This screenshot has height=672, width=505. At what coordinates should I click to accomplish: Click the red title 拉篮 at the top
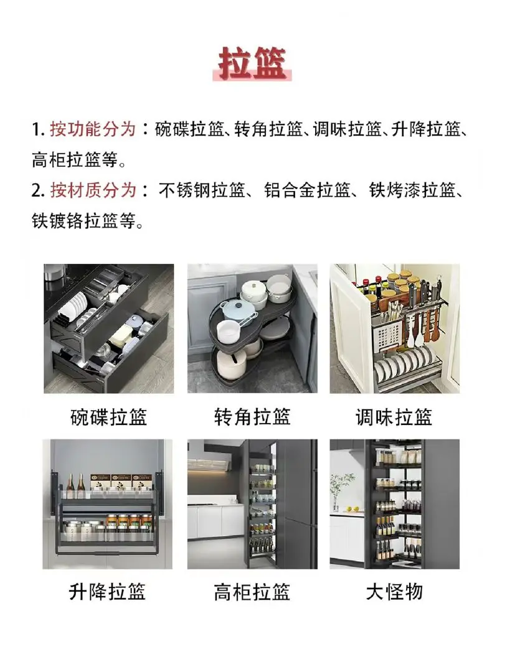[x=252, y=63]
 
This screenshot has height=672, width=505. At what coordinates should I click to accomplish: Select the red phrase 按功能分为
[x=93, y=129]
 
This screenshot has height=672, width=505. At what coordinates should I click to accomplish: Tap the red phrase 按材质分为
[x=93, y=190]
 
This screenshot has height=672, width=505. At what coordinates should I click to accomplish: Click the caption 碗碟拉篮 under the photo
[x=108, y=417]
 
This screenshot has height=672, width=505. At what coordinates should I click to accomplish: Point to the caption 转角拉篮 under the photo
[x=252, y=417]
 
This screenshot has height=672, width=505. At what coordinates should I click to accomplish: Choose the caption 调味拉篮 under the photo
[x=394, y=417]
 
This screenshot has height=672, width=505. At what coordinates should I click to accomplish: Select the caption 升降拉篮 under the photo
[x=107, y=592]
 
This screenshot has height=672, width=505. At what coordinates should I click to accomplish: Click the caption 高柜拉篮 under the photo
[x=252, y=592]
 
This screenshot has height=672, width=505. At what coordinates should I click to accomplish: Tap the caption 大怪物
[x=394, y=592]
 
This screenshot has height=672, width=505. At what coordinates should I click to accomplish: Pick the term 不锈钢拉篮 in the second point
[x=202, y=190]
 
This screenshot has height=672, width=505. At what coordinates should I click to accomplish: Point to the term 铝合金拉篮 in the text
[x=307, y=190]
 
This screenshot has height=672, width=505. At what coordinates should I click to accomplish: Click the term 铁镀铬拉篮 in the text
[x=75, y=221]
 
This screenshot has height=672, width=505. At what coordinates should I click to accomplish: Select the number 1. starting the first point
[x=39, y=129]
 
